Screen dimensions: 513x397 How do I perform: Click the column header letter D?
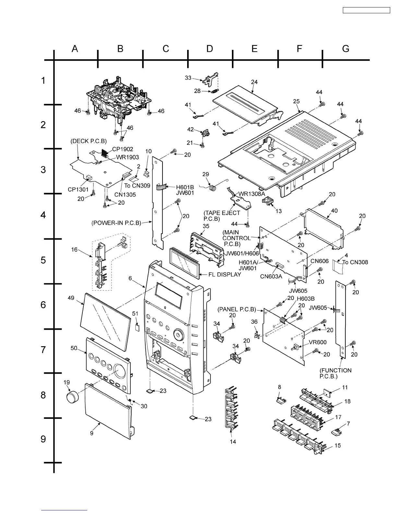[210, 49]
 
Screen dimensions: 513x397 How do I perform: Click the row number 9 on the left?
[43, 439]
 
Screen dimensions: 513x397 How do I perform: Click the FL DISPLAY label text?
[225, 275]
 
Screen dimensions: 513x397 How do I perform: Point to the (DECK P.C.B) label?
[89, 141]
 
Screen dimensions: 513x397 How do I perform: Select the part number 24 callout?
[254, 82]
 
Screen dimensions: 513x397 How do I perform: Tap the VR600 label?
[318, 342]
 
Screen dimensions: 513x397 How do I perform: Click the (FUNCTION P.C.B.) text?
[335, 373]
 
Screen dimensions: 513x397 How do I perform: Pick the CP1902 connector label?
[123, 149]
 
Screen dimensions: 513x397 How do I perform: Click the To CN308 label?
[355, 262]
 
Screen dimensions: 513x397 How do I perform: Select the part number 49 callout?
[71, 298]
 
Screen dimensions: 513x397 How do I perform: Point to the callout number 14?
[233, 441]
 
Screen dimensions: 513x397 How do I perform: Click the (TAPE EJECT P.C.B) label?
[222, 216]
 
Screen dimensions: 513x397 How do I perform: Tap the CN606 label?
[319, 261]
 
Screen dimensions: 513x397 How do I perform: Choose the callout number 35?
[206, 226]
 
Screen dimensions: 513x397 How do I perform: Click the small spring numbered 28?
[215, 91]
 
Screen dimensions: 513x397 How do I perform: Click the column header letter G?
[346, 49]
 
